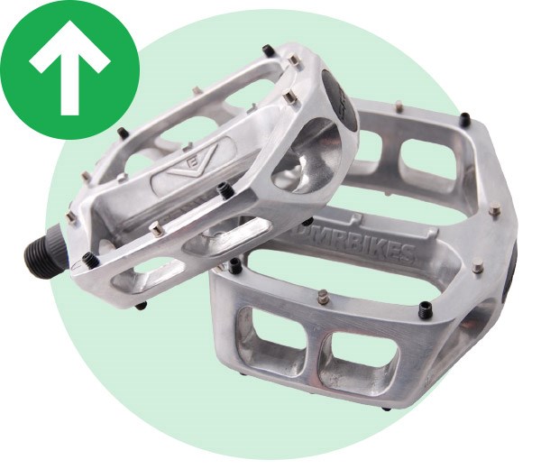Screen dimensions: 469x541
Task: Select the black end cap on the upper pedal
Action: (338, 96)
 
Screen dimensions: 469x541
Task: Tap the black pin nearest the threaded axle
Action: (89, 261)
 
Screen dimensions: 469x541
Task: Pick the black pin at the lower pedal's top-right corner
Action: (464, 118)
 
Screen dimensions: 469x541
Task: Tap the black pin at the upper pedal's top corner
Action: (268, 51)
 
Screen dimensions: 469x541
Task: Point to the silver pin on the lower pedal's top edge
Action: (398, 106)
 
